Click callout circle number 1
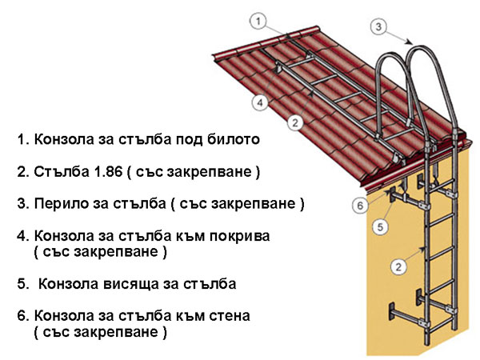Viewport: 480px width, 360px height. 258,22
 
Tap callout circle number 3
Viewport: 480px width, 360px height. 378,27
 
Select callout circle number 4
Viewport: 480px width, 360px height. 260,102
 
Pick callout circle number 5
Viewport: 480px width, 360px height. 380,227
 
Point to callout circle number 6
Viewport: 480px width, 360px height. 360,206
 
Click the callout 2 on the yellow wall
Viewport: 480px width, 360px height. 398,267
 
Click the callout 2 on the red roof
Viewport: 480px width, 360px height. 295,122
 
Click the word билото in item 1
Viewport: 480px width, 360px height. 234,139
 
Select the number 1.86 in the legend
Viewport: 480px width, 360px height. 108,172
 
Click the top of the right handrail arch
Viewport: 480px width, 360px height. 424,46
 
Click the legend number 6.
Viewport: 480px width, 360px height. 22,316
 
